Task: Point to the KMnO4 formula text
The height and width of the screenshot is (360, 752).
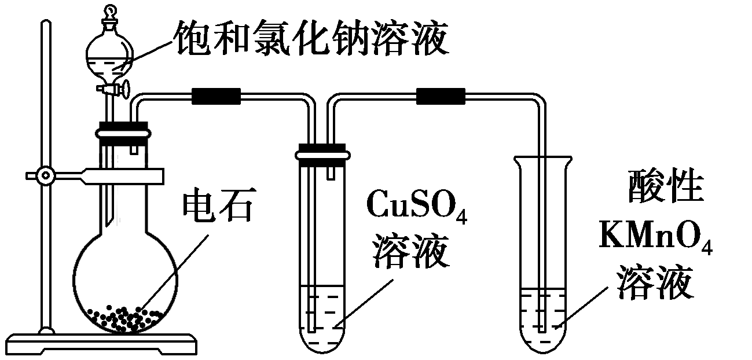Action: point(656,237)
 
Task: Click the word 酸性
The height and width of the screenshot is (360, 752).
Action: point(666,189)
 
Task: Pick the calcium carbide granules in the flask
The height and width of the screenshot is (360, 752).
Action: point(124,317)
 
